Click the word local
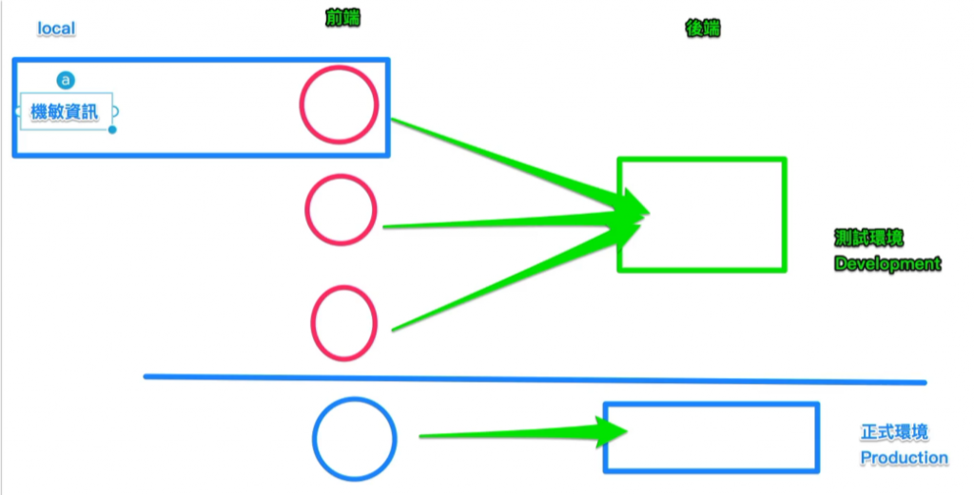coord(56,29)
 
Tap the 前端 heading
coord(342,18)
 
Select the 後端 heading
coord(703,29)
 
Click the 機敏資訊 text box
coord(65,111)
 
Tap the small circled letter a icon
coord(66,80)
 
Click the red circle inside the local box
coord(340,104)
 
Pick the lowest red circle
coord(344,323)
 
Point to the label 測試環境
coord(868,238)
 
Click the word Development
coord(887,263)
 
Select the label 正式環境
coord(894,432)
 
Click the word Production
coord(904,458)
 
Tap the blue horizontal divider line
coord(533,379)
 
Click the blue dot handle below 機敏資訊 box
coord(112,129)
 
